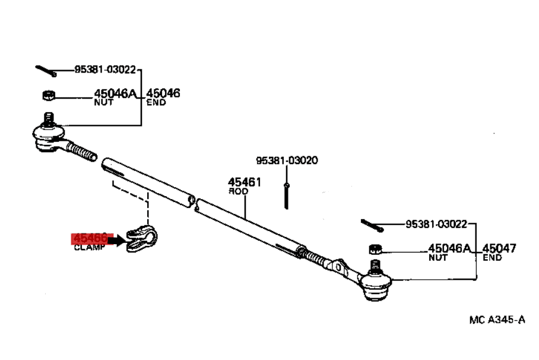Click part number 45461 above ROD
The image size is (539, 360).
pyautogui.click(x=245, y=182)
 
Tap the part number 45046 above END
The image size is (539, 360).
pyautogui.click(x=163, y=93)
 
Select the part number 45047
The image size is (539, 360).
pyautogui.click(x=499, y=248)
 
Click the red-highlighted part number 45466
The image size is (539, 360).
pyautogui.click(x=90, y=238)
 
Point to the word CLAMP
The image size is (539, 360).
pyautogui.click(x=90, y=247)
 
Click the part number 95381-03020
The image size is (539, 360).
pyautogui.click(x=287, y=160)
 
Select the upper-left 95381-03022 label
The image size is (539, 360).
pyautogui.click(x=105, y=70)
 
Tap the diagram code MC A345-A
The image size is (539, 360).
pyautogui.click(x=497, y=320)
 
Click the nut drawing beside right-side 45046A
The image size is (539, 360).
pyautogui.click(x=375, y=248)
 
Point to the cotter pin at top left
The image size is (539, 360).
pyautogui.click(x=45, y=70)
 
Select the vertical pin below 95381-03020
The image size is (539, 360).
pyautogui.click(x=286, y=195)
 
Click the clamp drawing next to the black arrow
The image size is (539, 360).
pyautogui.click(x=142, y=238)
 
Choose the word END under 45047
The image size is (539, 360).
pyautogui.click(x=492, y=258)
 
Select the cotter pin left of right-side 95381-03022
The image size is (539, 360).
pyautogui.click(x=372, y=225)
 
